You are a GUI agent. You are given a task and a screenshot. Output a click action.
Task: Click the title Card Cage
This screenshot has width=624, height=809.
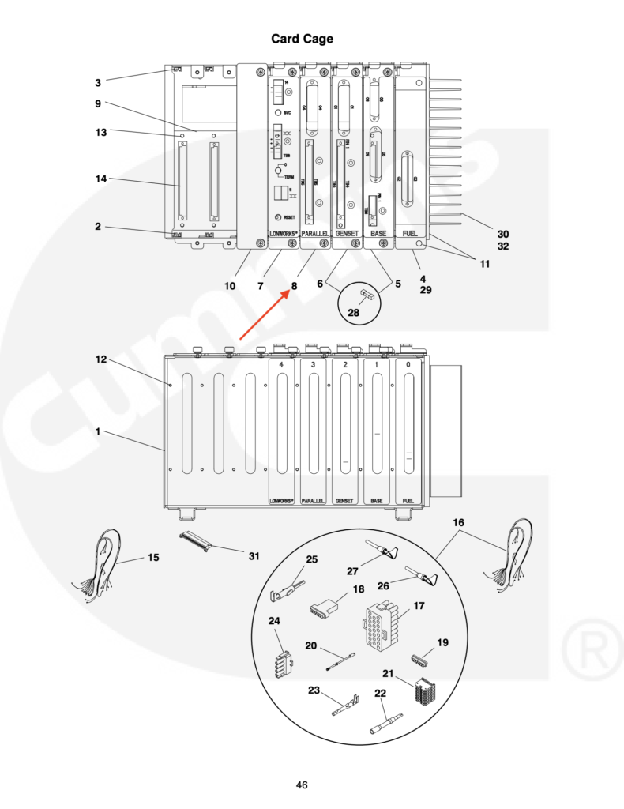point(303,39)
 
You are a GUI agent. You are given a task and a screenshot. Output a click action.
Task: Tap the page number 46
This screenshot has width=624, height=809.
point(302,785)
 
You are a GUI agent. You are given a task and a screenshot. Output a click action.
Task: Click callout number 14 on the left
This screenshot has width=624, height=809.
point(101,179)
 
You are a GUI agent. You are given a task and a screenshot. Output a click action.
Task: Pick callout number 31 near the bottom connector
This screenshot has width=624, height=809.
point(254,556)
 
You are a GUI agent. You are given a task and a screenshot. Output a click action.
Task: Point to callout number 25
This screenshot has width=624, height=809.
point(312,559)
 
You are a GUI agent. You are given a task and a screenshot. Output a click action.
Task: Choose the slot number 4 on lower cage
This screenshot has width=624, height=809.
point(281,366)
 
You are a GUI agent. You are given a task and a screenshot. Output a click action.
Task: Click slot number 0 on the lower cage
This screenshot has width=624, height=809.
point(408,366)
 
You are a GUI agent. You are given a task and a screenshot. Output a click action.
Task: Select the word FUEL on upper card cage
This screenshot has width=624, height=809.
point(410,234)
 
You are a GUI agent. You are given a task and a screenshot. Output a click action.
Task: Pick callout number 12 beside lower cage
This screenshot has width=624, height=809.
point(101,359)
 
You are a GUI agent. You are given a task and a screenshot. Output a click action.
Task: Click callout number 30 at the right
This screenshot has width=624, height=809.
point(503,233)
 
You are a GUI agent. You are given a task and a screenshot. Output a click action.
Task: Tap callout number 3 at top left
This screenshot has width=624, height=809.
point(98,81)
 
